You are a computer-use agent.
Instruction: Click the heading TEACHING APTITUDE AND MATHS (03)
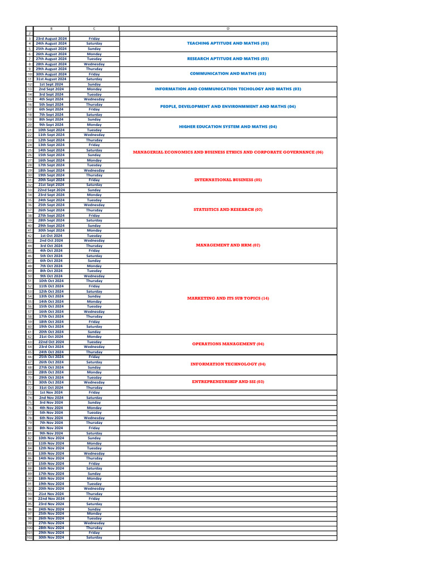click(x=228, y=43)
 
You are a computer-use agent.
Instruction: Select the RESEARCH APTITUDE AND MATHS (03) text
click(x=228, y=59)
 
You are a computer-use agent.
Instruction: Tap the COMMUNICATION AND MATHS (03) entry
click(x=228, y=74)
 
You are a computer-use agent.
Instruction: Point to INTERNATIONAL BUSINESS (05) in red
click(x=228, y=180)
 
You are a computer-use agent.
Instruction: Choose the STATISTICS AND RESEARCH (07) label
click(x=228, y=210)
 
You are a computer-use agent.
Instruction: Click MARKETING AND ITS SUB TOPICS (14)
click(x=228, y=298)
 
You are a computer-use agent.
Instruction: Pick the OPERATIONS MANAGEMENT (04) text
click(x=228, y=344)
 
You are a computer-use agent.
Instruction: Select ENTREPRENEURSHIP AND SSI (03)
click(x=228, y=382)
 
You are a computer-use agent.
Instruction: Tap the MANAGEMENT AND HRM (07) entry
click(x=228, y=245)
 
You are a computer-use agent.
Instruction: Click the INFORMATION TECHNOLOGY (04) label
click(x=228, y=364)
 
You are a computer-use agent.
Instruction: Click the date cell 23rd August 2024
click(x=51, y=38)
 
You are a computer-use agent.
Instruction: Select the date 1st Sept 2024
click(x=51, y=84)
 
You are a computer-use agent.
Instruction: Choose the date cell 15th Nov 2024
click(x=51, y=463)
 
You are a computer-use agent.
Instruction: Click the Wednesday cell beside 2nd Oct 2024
click(x=94, y=240)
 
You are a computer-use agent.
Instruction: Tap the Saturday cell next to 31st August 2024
click(x=94, y=79)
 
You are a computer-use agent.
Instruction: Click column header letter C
click(x=94, y=28)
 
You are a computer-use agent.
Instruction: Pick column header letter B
click(x=51, y=28)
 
